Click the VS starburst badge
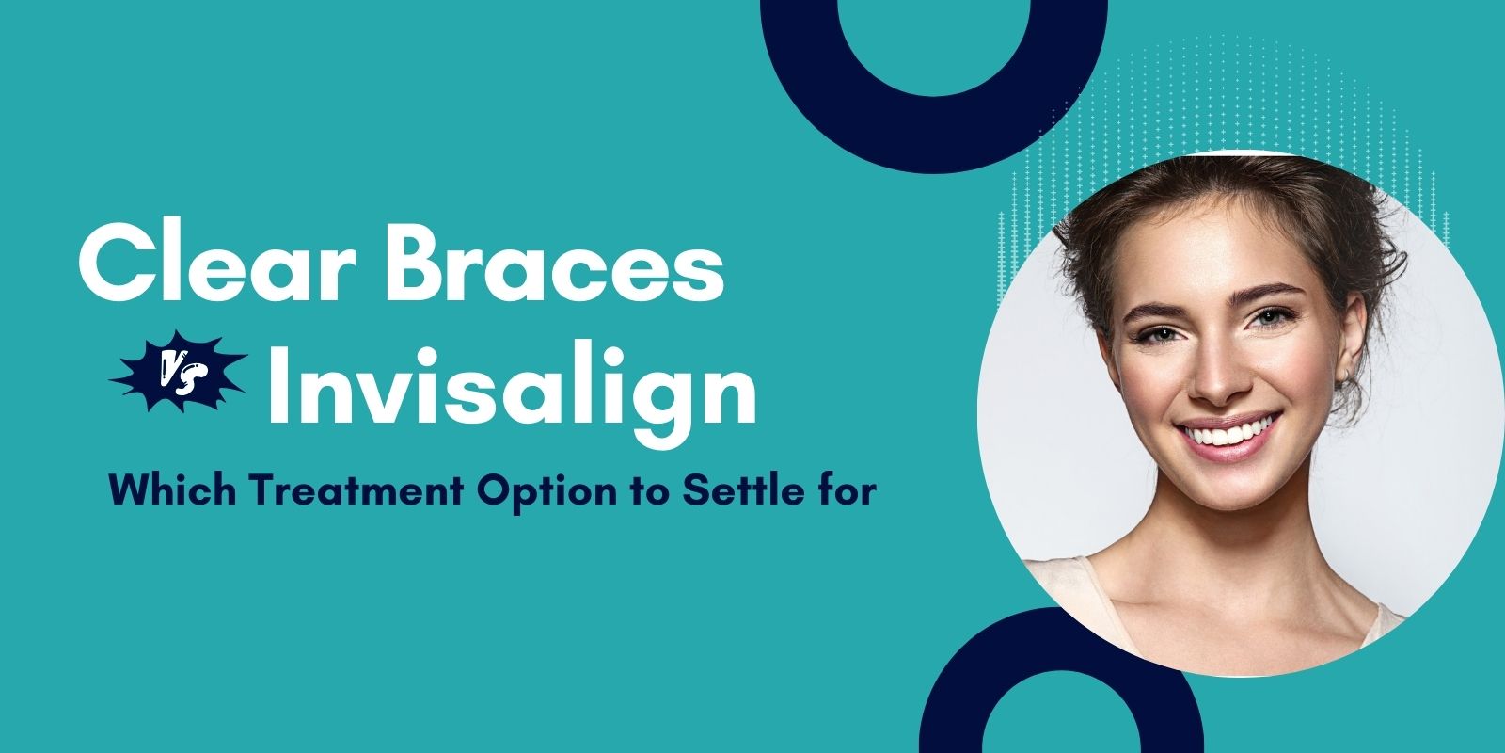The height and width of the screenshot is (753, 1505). coord(178,371)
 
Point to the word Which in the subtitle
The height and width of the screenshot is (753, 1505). coord(173,489)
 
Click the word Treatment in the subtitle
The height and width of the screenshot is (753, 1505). coord(357,490)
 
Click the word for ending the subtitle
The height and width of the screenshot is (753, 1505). coord(843,489)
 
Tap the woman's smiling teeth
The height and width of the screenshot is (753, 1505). coord(1228,433)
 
